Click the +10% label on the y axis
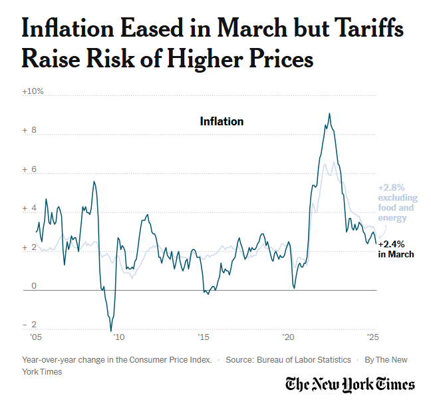[33, 91]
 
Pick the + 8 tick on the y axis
[30, 131]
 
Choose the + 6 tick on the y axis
[30, 169]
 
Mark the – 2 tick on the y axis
[30, 325]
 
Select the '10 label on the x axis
[118, 337]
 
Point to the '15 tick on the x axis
[204, 337]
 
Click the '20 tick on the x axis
[288, 337]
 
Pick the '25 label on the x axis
[372, 337]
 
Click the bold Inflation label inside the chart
[221, 121]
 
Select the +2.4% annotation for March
[392, 245]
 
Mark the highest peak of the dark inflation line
[329, 114]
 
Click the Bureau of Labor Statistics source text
[288, 360]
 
